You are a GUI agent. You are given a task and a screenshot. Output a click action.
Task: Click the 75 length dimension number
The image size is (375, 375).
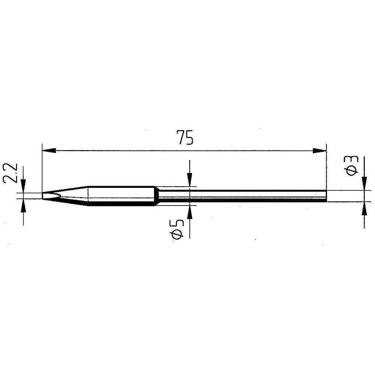coord(184,138)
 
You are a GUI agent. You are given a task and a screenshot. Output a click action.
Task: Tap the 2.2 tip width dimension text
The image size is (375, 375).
coord(10,173)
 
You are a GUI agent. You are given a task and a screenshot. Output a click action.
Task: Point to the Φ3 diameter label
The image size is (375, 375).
coord(352,165)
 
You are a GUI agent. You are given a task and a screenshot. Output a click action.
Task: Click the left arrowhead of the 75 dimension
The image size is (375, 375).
coord(49,151)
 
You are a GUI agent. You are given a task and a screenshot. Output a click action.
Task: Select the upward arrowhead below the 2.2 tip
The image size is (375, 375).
coord(23,205)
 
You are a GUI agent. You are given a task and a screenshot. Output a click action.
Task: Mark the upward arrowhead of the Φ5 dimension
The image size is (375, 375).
coord(190,212)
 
